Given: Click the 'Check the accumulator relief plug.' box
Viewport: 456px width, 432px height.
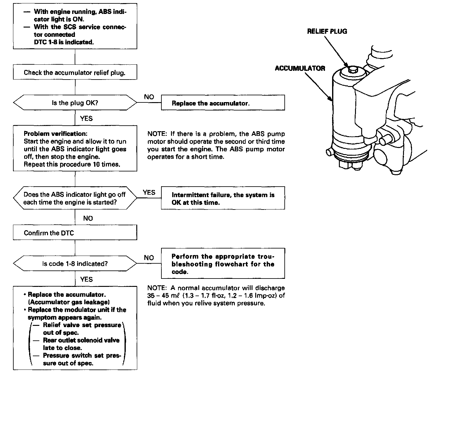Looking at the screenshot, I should click(75, 73).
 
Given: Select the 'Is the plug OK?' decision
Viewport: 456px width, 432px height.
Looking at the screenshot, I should click(75, 103).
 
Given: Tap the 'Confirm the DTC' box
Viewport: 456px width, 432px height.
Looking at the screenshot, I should click(75, 233).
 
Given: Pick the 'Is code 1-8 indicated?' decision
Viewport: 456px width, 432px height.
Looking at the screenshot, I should click(75, 264).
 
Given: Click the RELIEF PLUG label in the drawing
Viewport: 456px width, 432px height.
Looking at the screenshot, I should click(327, 31).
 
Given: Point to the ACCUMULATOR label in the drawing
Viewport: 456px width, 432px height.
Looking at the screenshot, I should click(300, 68).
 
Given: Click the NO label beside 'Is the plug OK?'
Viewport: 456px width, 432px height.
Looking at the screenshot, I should click(149, 97).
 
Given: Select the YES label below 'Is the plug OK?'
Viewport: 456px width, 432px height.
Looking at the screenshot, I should click(86, 119).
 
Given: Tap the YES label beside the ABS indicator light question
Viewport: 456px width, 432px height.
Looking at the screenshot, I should click(149, 192).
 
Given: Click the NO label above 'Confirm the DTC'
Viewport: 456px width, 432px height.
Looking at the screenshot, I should click(88, 218).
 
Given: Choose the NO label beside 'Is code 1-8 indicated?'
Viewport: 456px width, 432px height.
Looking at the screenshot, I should click(149, 258).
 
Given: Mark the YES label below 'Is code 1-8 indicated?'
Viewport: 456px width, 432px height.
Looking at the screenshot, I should click(86, 279).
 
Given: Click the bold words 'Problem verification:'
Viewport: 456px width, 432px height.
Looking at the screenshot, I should click(55, 134).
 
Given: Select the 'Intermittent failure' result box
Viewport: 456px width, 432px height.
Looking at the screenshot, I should click(223, 198).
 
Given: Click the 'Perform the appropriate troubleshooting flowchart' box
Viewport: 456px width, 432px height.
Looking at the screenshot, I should click(223, 264).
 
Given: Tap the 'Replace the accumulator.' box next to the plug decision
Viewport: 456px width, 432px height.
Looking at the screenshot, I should click(223, 103).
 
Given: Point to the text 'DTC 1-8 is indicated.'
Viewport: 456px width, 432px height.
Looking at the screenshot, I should click(64, 42).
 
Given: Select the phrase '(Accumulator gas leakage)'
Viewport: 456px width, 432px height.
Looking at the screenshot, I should click(67, 302).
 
